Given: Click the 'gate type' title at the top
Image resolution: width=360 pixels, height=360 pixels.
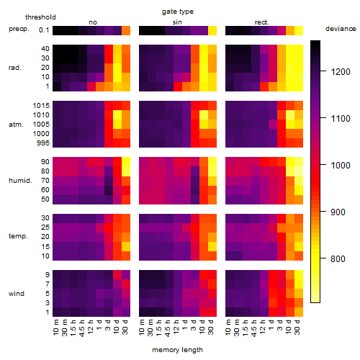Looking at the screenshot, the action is pos(178,12).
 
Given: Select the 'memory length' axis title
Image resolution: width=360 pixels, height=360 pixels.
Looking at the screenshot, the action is pos(177,350).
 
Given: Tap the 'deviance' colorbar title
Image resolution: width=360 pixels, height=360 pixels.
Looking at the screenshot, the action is pos(341,29).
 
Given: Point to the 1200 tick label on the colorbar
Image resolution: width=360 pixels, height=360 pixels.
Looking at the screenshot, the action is pos(341,71).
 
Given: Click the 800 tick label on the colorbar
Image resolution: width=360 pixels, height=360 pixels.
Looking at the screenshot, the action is pos(338,258).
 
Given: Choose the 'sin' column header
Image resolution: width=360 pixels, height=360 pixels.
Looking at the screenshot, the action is pos(177,22).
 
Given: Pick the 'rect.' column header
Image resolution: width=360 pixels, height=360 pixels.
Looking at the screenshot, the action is pos(261,22).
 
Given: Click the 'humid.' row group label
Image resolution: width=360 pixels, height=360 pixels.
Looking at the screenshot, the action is pos(20,181).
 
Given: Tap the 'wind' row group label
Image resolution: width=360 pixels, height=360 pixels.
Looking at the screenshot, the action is pos(17,294).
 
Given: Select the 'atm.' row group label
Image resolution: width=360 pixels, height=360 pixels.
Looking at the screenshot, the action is pos(16,125).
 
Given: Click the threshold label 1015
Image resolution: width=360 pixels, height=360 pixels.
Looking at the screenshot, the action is pos(41,106).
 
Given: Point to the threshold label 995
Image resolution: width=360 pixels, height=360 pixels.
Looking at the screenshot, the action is pos(43,143).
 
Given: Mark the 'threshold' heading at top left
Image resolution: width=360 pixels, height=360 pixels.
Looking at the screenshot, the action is pos(40,17).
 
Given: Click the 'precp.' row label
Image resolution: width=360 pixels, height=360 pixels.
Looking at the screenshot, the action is pos(19,29).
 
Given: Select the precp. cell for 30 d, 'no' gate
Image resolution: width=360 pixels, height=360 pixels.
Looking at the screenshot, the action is pos(126,31).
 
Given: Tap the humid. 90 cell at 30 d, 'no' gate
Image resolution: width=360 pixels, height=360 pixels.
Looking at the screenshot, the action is pos(126,162).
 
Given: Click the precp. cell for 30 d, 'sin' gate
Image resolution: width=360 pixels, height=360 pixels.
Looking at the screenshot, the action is pos(212,31).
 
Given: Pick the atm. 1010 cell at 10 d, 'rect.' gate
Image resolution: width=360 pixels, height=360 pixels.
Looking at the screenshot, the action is pos(290,115).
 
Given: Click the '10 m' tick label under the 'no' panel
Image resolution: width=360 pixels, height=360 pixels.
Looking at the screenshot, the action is pos(55,328).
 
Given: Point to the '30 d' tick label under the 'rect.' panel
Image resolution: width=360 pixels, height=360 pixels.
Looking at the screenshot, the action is pos(297,328).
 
